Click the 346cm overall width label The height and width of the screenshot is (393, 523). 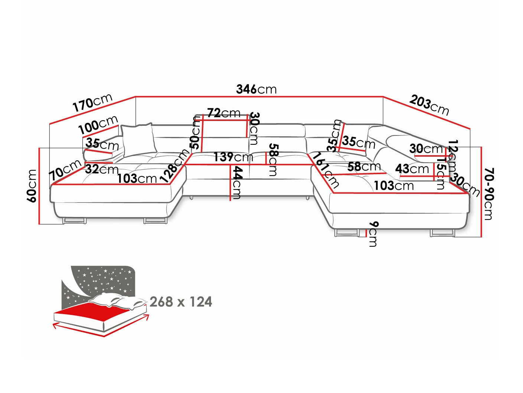(x=256, y=89)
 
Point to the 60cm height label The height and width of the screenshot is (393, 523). (x=32, y=186)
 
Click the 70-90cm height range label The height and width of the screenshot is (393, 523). (x=489, y=194)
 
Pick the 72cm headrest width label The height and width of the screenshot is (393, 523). (x=224, y=113)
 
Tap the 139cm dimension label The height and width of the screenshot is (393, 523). (x=233, y=157)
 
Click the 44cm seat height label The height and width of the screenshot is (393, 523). (x=237, y=182)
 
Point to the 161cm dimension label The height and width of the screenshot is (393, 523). (x=325, y=170)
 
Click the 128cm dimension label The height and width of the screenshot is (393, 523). (x=175, y=166)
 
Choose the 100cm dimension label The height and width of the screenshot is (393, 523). (x=98, y=125)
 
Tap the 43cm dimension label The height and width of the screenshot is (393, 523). (x=412, y=169)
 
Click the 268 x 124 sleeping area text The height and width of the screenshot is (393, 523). (x=181, y=302)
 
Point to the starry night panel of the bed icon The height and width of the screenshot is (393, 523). (x=100, y=281)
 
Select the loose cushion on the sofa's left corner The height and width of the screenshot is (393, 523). (x=137, y=139)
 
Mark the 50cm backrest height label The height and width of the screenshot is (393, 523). (x=195, y=132)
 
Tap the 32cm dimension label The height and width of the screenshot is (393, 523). (x=101, y=170)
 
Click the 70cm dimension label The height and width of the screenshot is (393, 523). (x=65, y=169)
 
